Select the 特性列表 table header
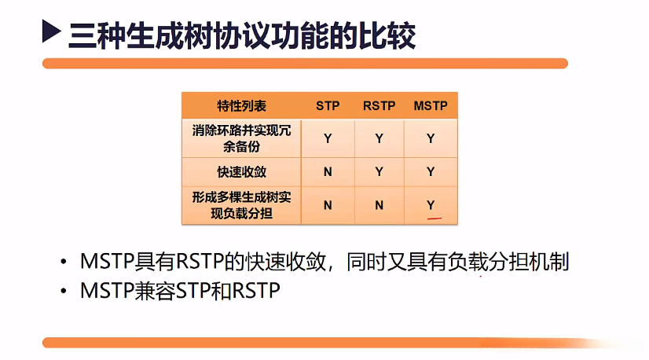[x=241, y=105]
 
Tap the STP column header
[x=328, y=105]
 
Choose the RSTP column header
[x=379, y=105]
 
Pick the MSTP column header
[x=430, y=105]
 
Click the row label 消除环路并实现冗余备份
[x=241, y=138]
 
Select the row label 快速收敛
[x=241, y=172]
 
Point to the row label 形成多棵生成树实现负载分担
[x=241, y=204]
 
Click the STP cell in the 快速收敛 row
[x=328, y=172]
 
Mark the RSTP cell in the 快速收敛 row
[x=379, y=172]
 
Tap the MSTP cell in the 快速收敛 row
[x=430, y=172]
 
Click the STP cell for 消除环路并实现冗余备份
[x=328, y=139]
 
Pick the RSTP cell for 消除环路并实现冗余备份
[x=379, y=139]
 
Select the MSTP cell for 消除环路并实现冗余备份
[x=430, y=139]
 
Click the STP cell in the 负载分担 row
[x=328, y=205]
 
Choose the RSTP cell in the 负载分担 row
[x=379, y=205]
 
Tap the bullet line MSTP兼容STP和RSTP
[x=180, y=290]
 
